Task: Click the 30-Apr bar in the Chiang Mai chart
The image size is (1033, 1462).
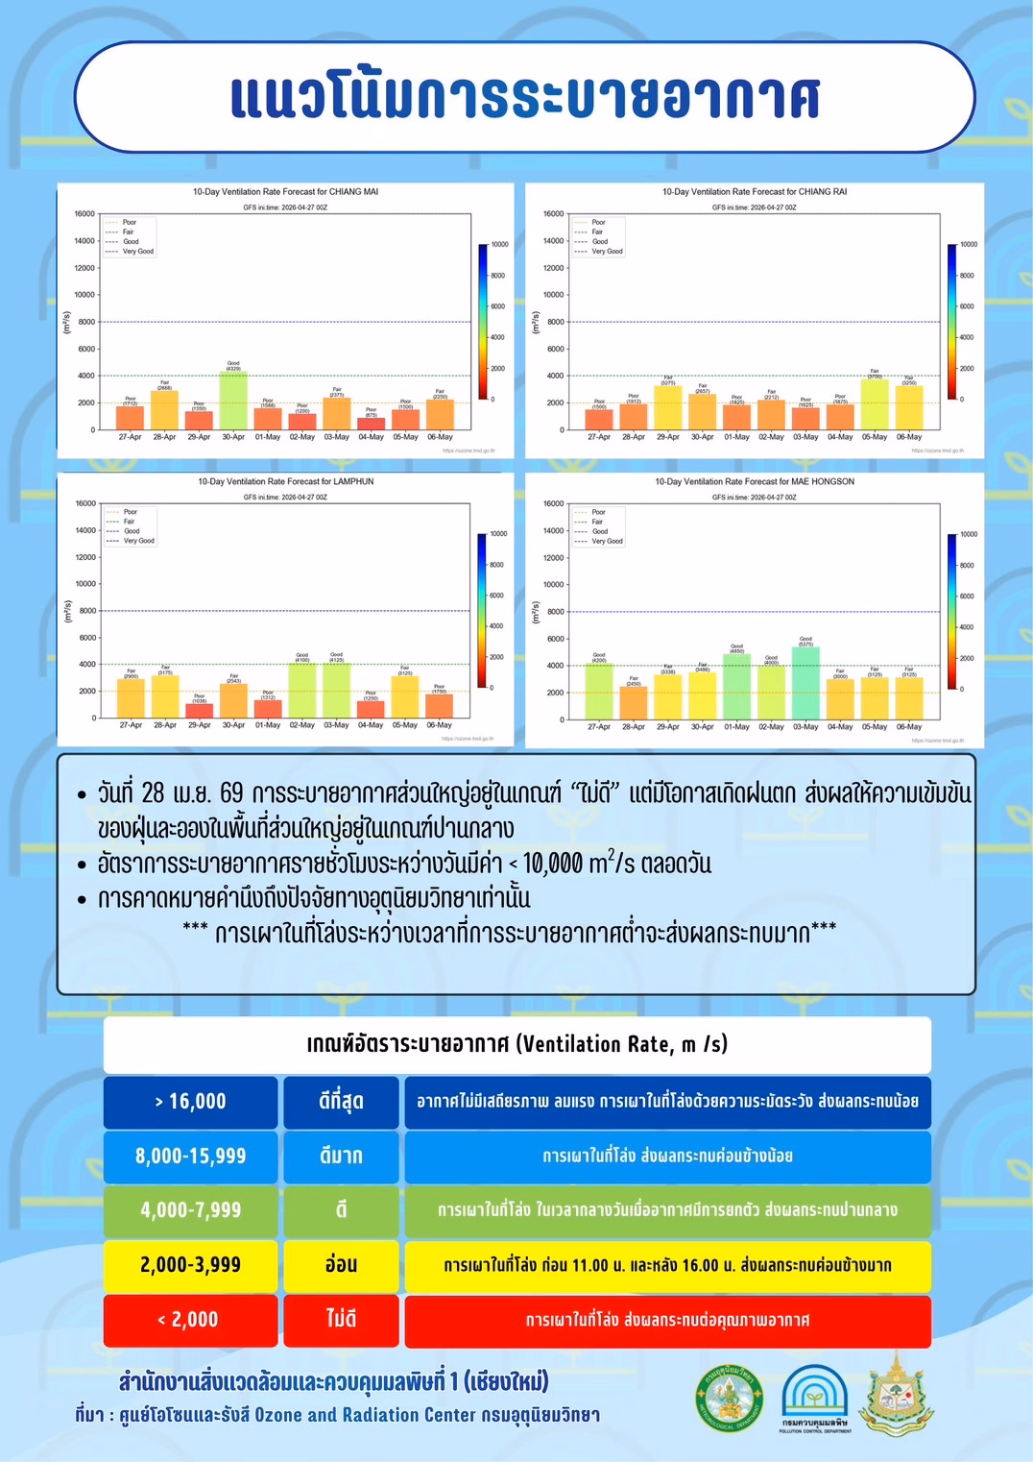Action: pyautogui.click(x=233, y=401)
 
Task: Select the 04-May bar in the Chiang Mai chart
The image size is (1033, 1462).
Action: pyautogui.click(x=372, y=424)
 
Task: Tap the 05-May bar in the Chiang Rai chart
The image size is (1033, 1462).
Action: pyautogui.click(x=875, y=403)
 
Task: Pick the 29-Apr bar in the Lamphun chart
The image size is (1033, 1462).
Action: pyautogui.click(x=200, y=711)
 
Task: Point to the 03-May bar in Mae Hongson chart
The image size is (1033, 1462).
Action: pyautogui.click(x=805, y=683)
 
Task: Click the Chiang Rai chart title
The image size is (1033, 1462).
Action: pyautogui.click(x=755, y=192)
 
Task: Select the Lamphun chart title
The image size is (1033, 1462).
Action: pyautogui.click(x=286, y=481)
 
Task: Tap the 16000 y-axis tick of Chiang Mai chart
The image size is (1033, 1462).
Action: pyautogui.click(x=84, y=214)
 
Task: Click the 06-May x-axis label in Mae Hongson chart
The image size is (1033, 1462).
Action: pyautogui.click(x=908, y=727)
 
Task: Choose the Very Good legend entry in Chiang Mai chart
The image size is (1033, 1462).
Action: pyautogui.click(x=137, y=252)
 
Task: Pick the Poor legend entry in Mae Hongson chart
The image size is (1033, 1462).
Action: pyautogui.click(x=598, y=512)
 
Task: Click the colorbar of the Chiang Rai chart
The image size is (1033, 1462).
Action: pyautogui.click(x=951, y=321)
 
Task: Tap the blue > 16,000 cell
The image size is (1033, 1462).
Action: pyautogui.click(x=190, y=1102)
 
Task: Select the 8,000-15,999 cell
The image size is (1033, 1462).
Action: pyautogui.click(x=190, y=1157)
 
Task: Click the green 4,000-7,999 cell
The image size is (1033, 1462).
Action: pyautogui.click(x=190, y=1210)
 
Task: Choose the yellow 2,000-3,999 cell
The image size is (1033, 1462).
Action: pyautogui.click(x=190, y=1265)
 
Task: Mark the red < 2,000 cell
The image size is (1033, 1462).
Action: pyautogui.click(x=190, y=1320)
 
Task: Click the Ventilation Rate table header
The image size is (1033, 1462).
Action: pyautogui.click(x=516, y=1044)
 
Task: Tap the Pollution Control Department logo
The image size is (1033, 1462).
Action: pyautogui.click(x=814, y=1398)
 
